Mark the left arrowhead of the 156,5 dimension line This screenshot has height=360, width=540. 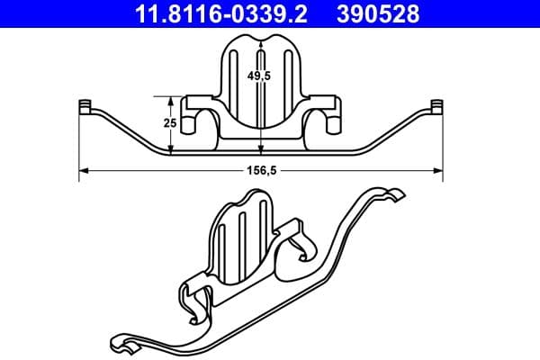tap(82, 169)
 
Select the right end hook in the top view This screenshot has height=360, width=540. tap(438, 106)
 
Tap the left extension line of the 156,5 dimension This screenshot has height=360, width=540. tap(80, 144)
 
